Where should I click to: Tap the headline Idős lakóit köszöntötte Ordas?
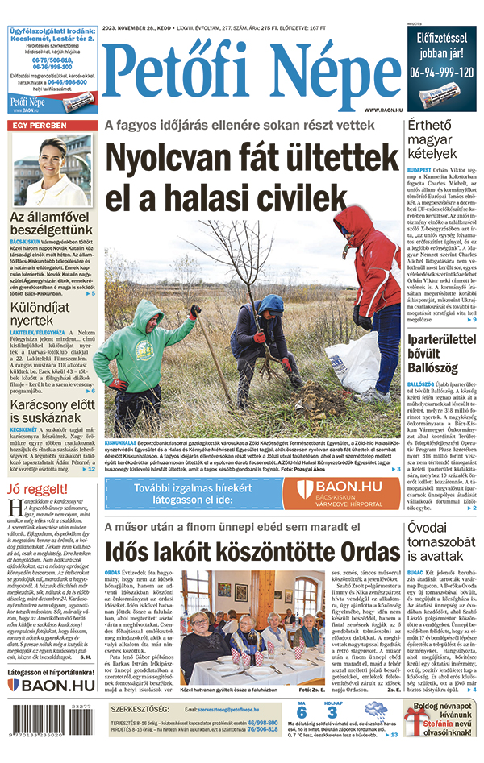(x=227, y=552)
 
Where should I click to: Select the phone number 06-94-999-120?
(x=441, y=72)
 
